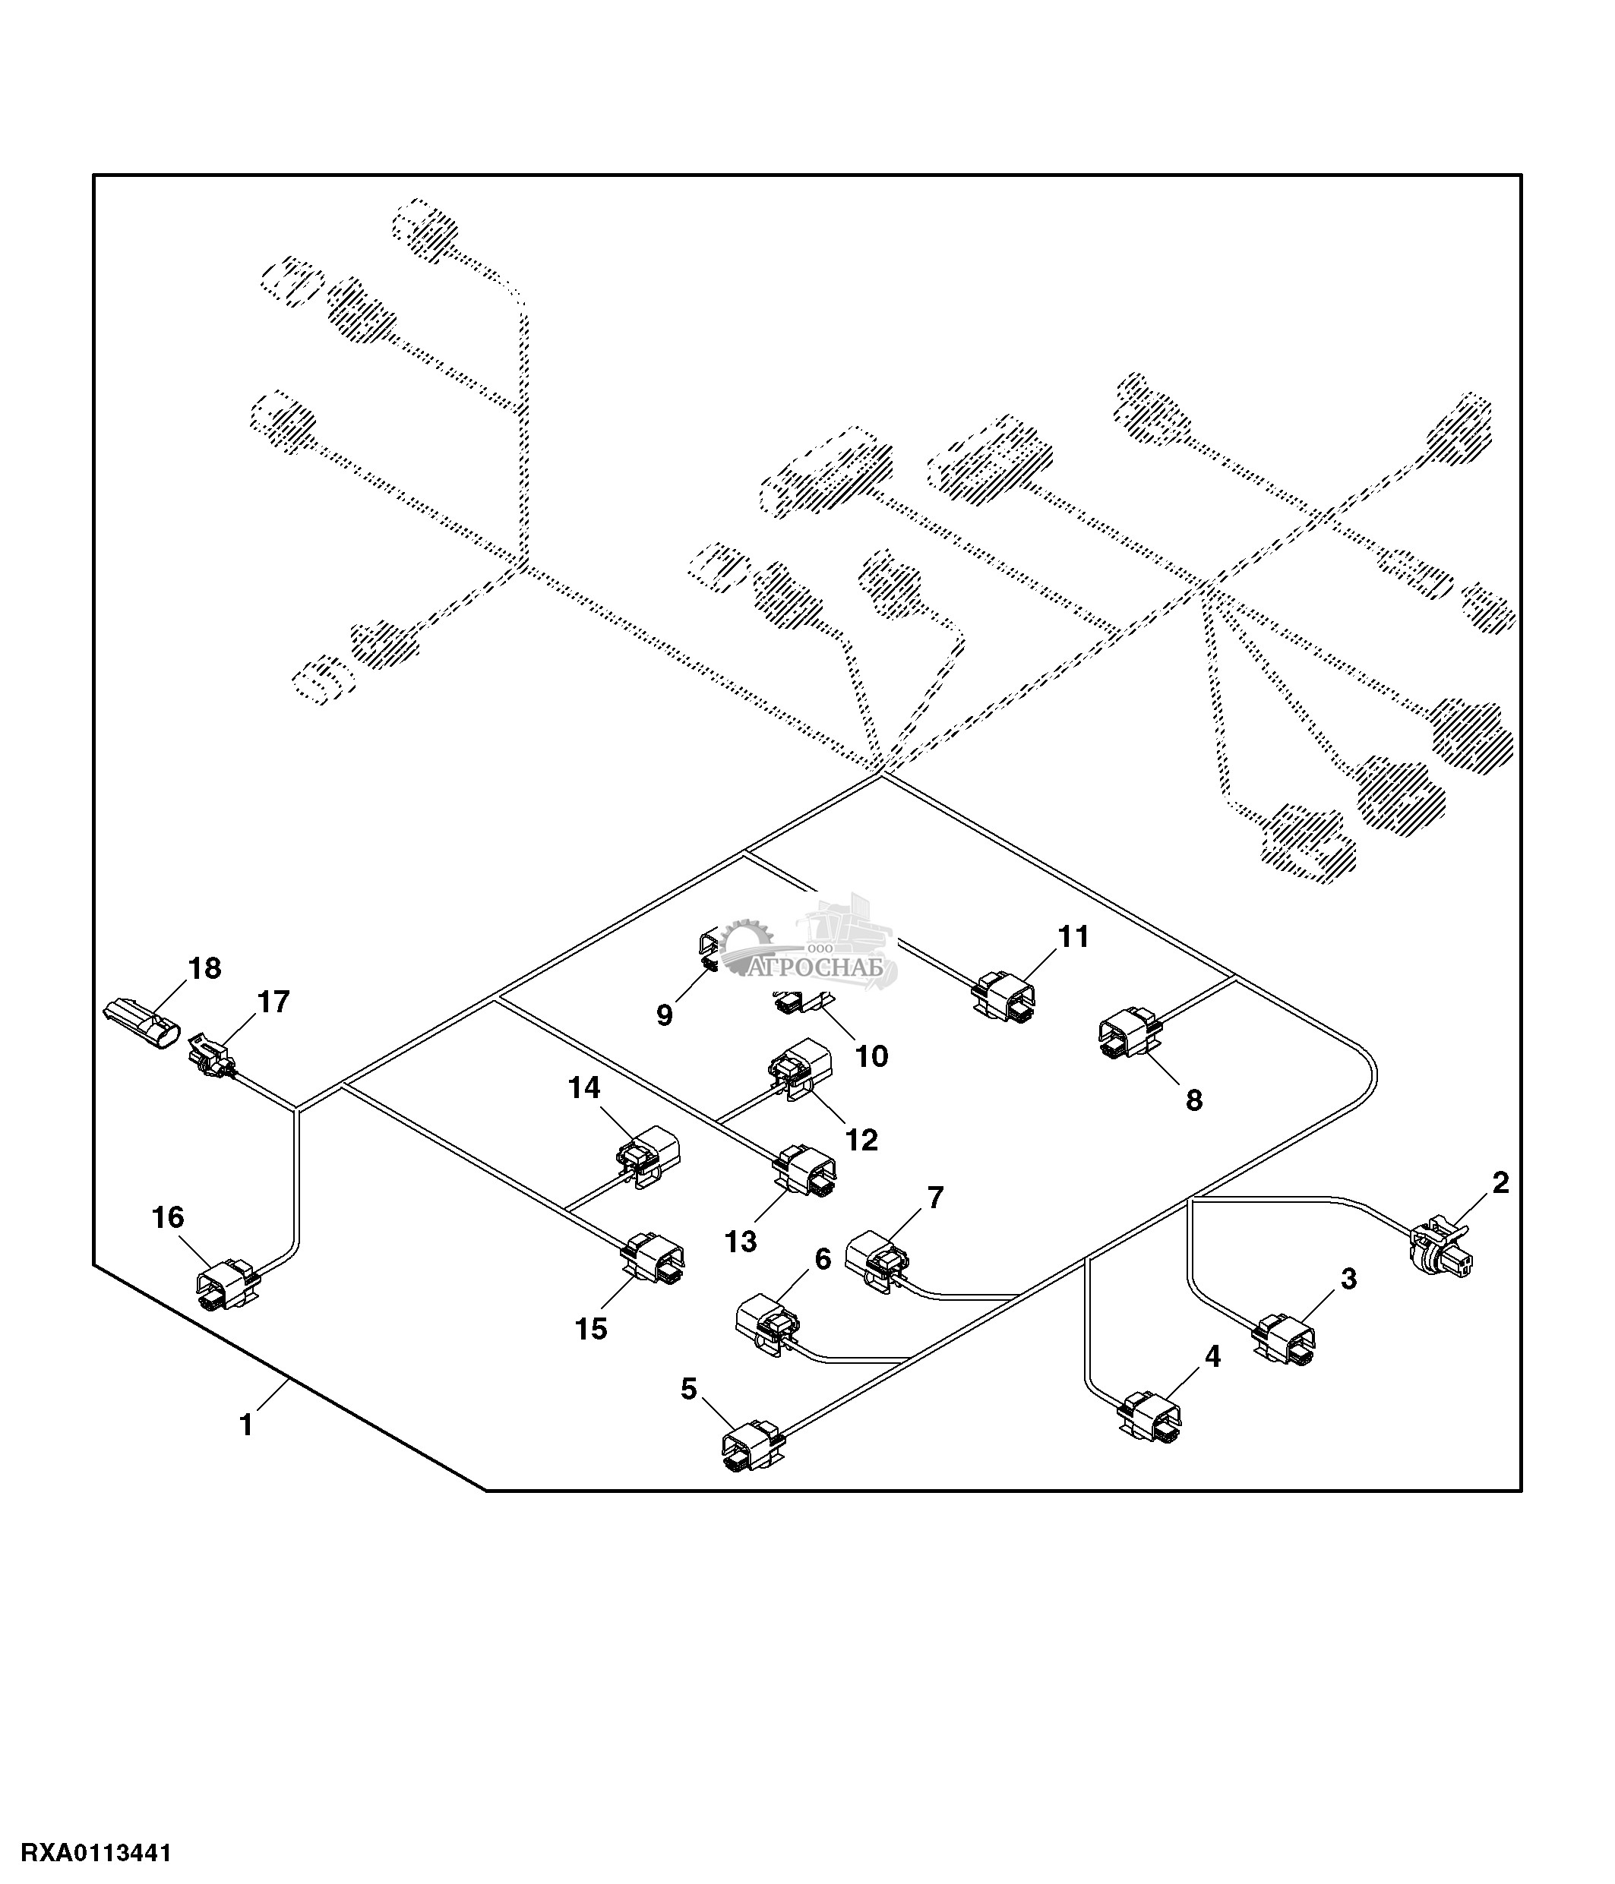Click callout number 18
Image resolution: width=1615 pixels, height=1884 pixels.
204,968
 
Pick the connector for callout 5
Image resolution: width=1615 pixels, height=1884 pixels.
751,1447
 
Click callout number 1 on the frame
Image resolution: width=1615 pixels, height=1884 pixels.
245,1424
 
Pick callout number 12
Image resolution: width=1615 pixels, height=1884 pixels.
862,1139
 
